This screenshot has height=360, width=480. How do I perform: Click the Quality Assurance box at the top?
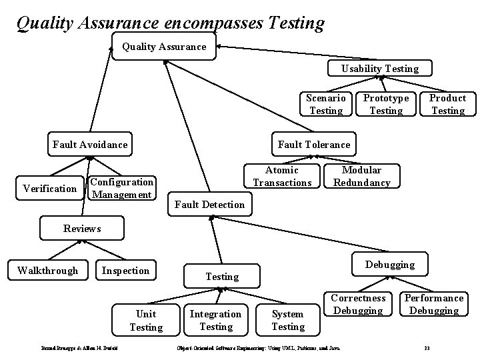(163, 47)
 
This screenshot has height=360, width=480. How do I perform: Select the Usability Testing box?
(380, 68)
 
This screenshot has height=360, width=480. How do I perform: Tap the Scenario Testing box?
(326, 104)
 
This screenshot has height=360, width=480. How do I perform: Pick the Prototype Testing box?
(386, 104)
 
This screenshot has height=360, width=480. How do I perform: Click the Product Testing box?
(447, 104)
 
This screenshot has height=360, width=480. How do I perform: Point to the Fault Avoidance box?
(90, 144)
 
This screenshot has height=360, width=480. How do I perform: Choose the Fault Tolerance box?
(313, 144)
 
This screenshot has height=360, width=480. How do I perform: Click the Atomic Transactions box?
(282, 177)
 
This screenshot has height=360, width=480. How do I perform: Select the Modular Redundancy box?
(361, 177)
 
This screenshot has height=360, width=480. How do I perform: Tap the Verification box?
(49, 189)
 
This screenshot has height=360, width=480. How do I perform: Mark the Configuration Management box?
(122, 188)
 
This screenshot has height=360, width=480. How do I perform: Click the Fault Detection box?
(209, 204)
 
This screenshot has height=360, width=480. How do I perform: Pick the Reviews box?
(82, 228)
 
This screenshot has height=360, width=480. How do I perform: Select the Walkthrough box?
(47, 270)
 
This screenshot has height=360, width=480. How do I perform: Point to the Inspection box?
(125, 270)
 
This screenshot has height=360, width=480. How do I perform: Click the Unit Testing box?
(146, 320)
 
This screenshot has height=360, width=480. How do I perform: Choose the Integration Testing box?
(216, 320)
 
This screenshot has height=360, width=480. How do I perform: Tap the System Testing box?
(288, 320)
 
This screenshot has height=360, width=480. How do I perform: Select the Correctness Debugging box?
(358, 304)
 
